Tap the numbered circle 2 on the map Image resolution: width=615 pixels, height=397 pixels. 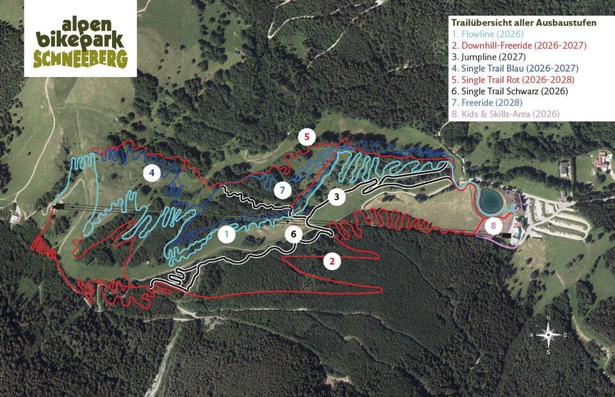pos(331,261)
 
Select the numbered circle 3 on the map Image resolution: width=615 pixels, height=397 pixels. pos(337,196)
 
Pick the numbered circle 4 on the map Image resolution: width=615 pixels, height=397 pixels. pos(152,173)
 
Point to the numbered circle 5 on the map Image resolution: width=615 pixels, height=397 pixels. pos(307,137)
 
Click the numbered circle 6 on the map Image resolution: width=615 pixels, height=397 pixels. pos(293,234)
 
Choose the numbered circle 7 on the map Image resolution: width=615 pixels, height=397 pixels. pos(282,190)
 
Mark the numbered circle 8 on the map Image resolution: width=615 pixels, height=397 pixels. pos(493,226)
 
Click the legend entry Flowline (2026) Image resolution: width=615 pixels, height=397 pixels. pos(488,34)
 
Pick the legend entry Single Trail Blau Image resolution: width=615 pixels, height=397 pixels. pos(514,68)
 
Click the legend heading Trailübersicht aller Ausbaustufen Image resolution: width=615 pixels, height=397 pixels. pos(523,22)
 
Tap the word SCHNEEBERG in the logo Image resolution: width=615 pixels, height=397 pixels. pos(81,59)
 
